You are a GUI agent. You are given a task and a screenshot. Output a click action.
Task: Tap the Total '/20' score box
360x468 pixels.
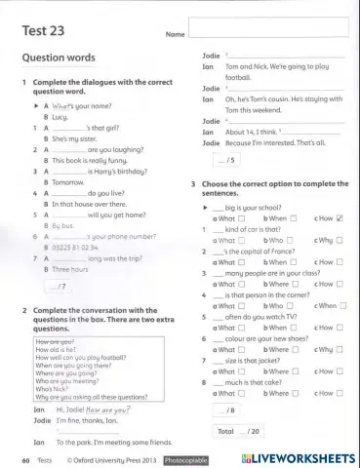[x=238, y=429]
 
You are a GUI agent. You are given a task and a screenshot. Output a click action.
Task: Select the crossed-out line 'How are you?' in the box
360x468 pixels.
[x=55, y=342]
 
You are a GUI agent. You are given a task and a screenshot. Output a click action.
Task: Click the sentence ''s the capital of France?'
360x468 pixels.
[x=248, y=251]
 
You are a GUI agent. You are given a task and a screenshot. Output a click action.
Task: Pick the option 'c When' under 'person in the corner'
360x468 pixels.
[x=330, y=305]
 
